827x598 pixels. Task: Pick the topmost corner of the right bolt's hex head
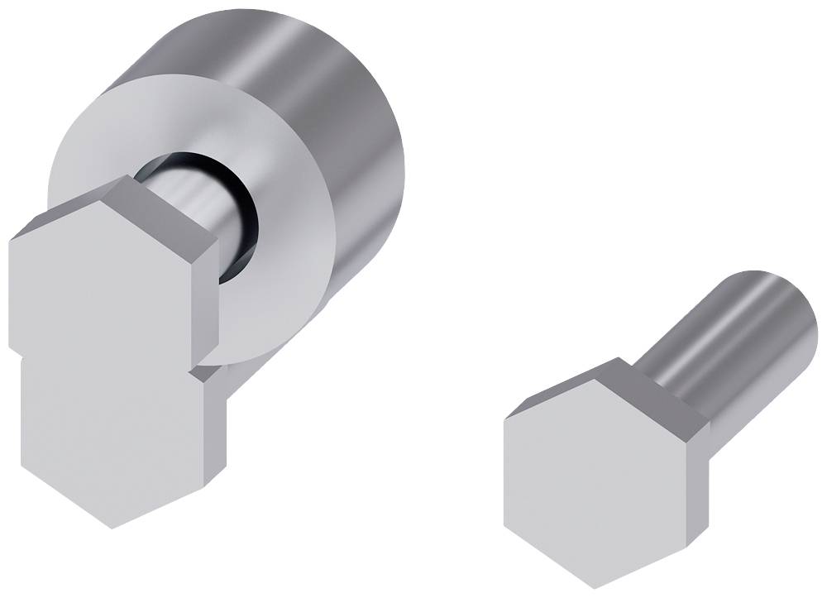618,359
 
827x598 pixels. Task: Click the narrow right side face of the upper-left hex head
208,289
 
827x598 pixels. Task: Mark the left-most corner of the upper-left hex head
10,240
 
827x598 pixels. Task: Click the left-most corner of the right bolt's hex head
504,418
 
